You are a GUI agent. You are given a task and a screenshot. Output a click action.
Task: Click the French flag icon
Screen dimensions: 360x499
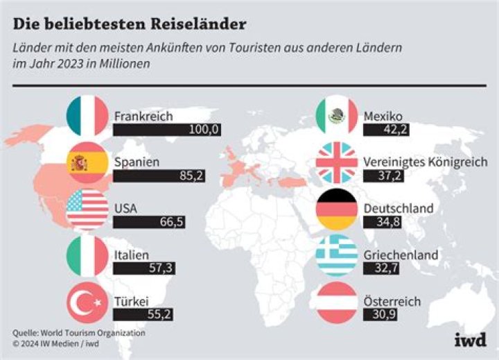(87, 116)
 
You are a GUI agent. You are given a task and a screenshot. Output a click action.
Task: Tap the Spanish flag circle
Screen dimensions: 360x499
(87, 164)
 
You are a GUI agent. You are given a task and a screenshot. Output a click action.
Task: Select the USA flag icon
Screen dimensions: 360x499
(87, 209)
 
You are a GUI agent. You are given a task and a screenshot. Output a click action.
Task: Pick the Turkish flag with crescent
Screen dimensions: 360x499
(87, 302)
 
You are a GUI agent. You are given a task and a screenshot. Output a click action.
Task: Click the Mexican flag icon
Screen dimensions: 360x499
(336, 116)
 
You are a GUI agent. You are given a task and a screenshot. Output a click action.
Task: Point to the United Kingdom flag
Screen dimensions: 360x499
(336, 163)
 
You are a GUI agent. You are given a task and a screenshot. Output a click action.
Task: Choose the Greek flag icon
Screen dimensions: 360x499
(336, 256)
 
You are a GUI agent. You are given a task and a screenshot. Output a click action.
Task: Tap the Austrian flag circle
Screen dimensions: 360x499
(336, 302)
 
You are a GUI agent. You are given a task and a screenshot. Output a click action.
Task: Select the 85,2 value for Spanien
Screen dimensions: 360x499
(191, 176)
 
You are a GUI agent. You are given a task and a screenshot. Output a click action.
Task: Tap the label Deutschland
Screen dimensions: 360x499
(399, 208)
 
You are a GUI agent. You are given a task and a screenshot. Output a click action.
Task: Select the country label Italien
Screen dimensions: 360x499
(131, 255)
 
